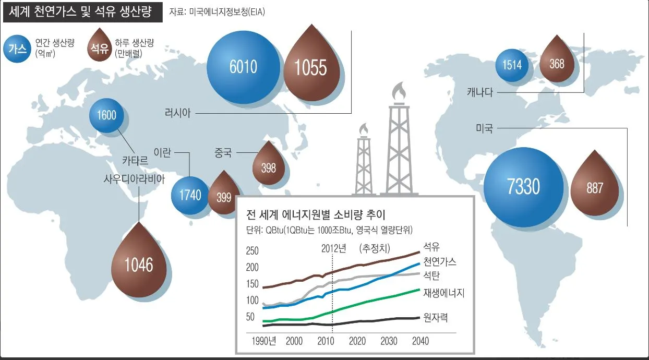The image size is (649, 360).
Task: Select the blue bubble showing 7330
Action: [x=524, y=188]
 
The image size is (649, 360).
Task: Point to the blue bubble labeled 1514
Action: [x=512, y=65]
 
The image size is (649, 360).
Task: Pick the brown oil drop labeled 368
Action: [x=557, y=64]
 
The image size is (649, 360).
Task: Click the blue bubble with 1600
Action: [x=106, y=115]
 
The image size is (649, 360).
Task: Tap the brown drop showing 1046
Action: [x=139, y=265]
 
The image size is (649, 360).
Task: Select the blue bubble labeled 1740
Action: [x=190, y=196]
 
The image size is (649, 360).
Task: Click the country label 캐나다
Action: [x=481, y=93]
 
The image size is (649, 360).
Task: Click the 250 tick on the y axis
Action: [x=253, y=251]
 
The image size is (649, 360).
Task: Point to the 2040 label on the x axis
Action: [x=420, y=341]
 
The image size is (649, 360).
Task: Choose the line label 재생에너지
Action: [x=443, y=293]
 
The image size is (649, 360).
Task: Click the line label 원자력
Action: [x=436, y=316]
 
